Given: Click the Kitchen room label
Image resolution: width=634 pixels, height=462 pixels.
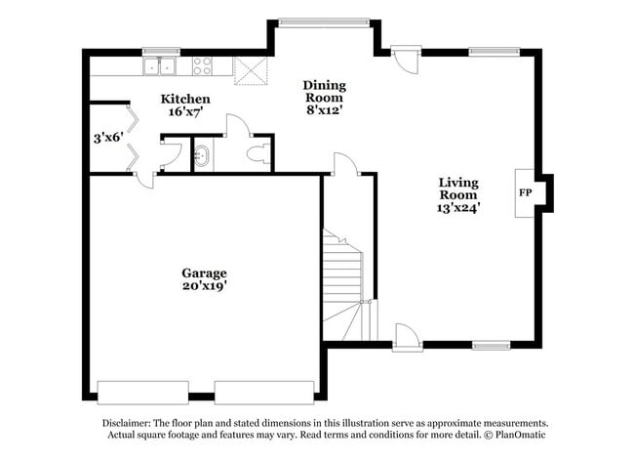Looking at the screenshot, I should coord(185,99).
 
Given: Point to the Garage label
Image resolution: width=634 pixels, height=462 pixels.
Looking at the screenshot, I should coord(204,273).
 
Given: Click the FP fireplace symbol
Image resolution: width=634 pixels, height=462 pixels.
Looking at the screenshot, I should coord(525,192).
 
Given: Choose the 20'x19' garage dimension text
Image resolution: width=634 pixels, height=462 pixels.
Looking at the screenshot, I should coord(204,286).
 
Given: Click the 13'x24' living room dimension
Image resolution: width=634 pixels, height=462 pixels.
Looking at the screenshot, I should coord(458,207).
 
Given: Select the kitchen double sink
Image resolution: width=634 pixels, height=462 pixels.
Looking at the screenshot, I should coord(160,66).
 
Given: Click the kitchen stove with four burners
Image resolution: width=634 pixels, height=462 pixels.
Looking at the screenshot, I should coord(203,66).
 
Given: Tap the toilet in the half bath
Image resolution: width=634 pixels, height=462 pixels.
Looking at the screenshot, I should coord(258,154).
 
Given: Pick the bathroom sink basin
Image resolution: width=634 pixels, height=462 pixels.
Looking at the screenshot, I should coord(202,155).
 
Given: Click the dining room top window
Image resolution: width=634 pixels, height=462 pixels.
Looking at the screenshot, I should coord(323,22).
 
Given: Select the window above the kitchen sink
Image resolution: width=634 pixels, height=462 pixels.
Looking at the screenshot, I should coord(161,51).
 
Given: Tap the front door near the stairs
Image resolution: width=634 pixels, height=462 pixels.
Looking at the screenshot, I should coord(407,339).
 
